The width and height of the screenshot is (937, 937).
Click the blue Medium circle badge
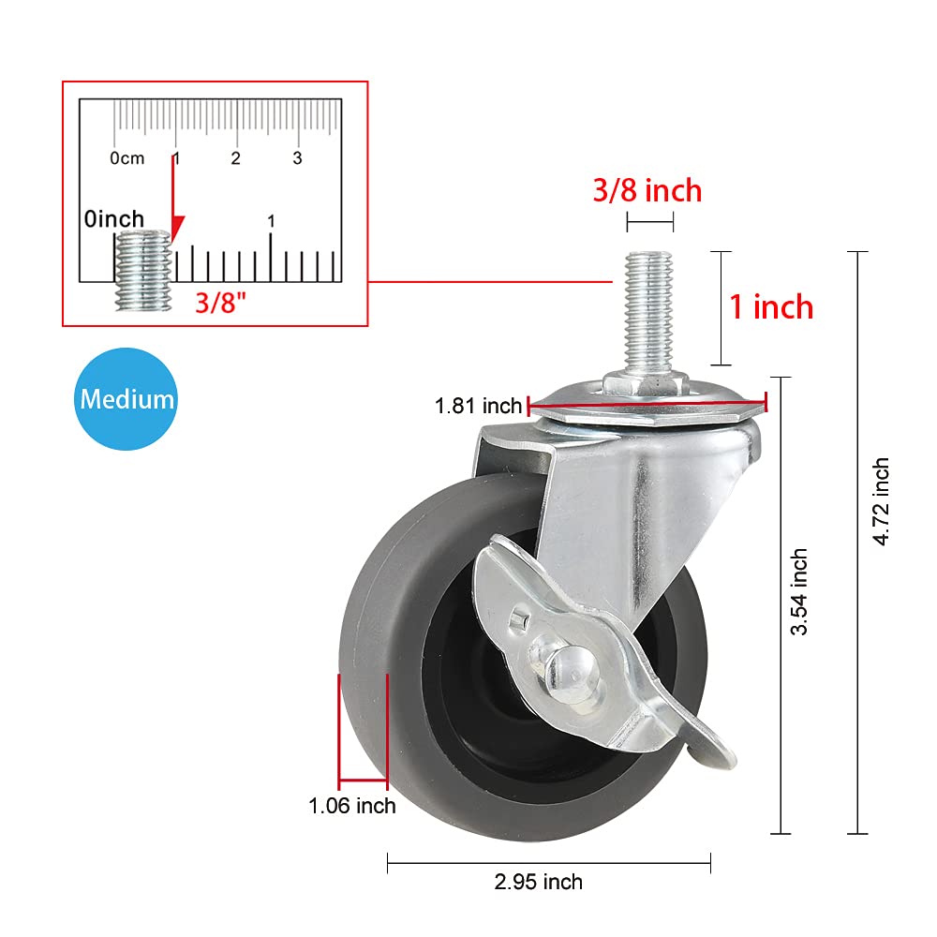point(126,398)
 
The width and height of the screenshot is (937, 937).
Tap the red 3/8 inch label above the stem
point(647,191)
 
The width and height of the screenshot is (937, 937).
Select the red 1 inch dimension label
point(771,306)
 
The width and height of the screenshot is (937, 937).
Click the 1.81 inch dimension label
point(478,407)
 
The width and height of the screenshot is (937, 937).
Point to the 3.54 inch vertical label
point(798,592)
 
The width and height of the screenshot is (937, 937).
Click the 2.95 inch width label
point(540,882)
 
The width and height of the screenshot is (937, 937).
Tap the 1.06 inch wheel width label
point(352,806)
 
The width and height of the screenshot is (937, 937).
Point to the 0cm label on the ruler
point(127,158)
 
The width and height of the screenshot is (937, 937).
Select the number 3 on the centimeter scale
point(297,157)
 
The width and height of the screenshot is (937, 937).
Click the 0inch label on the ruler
point(113,219)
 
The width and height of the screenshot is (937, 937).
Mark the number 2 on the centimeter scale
point(236,157)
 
